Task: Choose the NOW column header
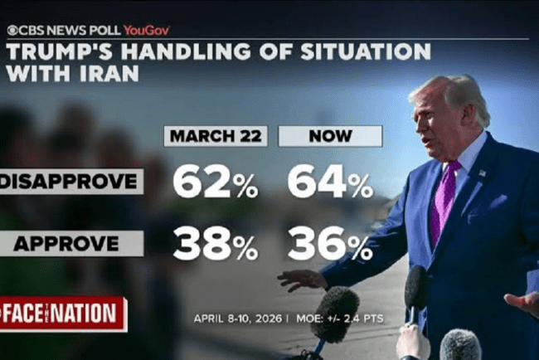329,136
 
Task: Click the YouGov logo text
146,30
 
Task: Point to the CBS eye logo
12,30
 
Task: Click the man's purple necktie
443,204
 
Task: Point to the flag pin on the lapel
482,173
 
